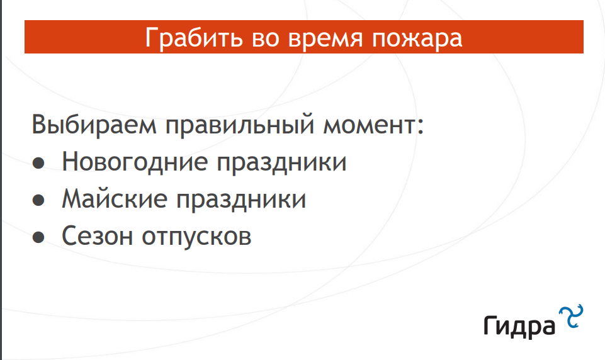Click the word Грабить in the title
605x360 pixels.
coord(194,38)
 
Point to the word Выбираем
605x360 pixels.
coord(94,125)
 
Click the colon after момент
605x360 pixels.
coord(420,126)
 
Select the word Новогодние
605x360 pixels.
coord(135,162)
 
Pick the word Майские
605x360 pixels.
coord(115,199)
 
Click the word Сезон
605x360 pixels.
coord(97,235)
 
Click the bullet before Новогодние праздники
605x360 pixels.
coord(38,163)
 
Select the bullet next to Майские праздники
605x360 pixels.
coord(38,200)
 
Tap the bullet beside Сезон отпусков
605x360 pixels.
coord(38,237)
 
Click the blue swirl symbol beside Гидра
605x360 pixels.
coord(571,316)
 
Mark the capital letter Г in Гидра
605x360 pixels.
coord(490,325)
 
